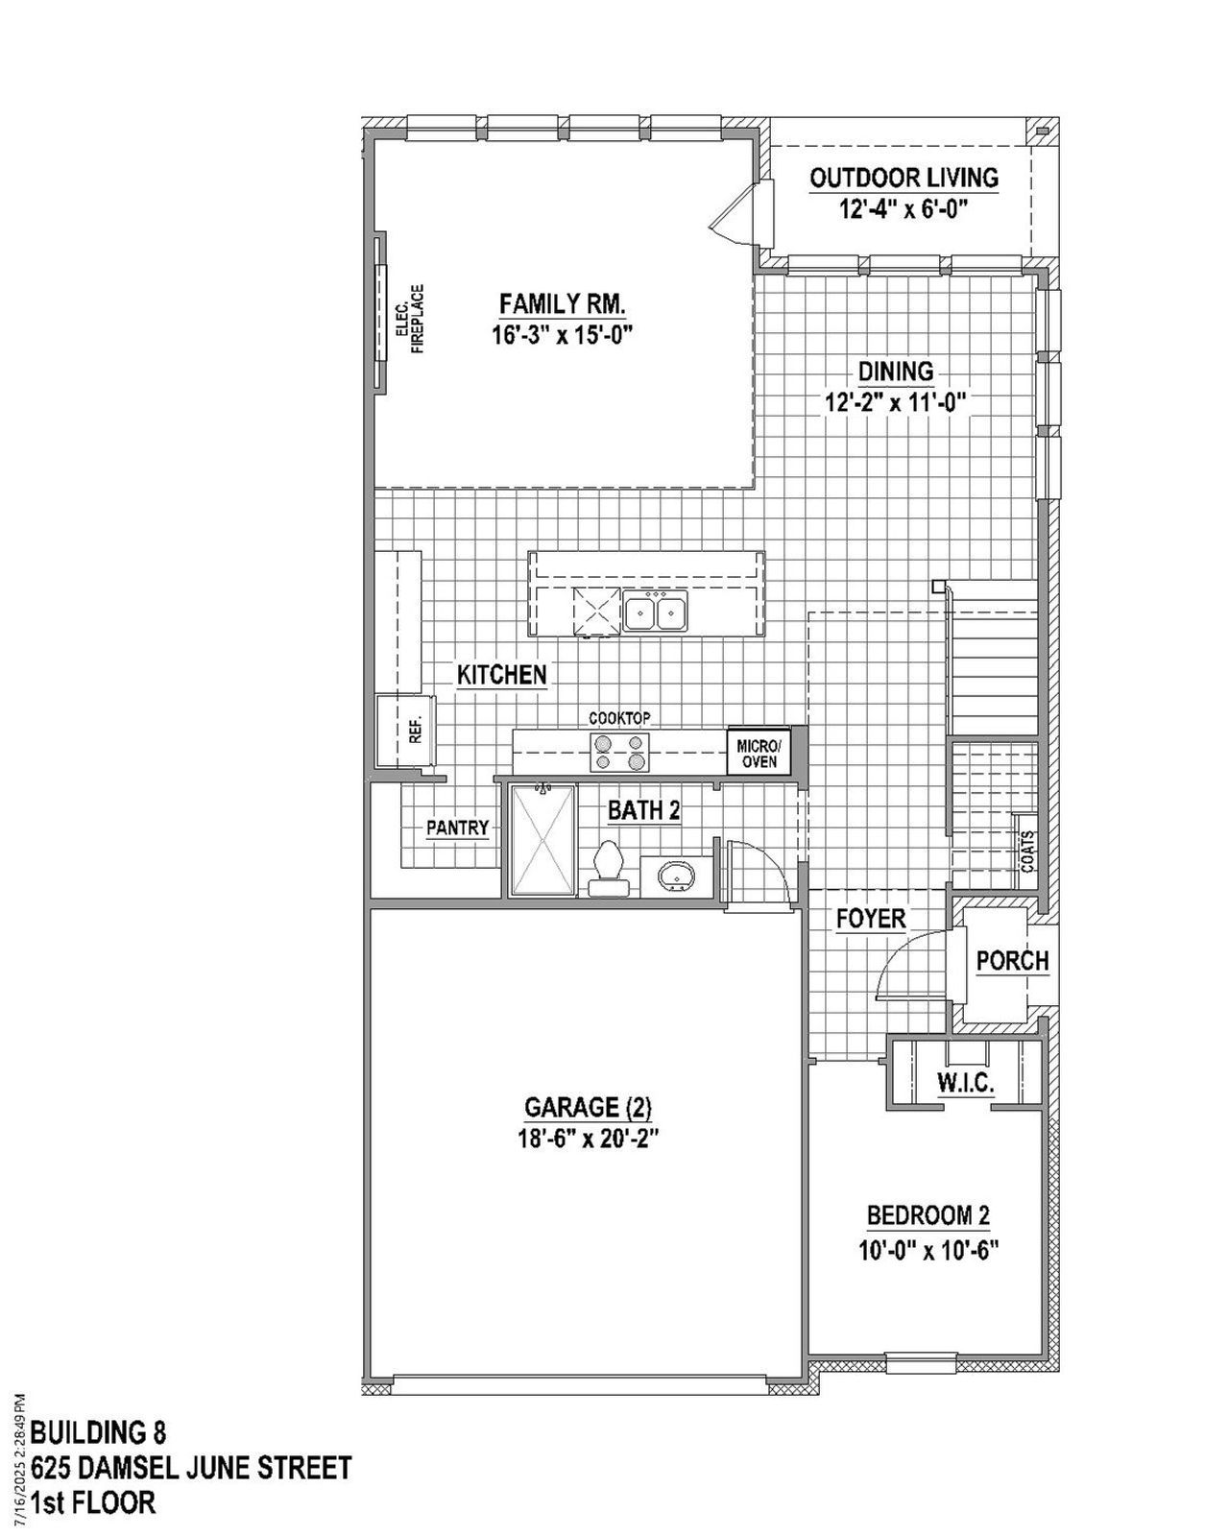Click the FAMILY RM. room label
pyautogui.click(x=563, y=305)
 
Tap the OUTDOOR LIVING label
pyautogui.click(x=904, y=178)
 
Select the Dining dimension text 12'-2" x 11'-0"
pyautogui.click(x=894, y=402)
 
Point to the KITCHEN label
pyautogui.click(x=501, y=675)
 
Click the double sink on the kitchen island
pyautogui.click(x=655, y=612)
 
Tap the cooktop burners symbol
pyautogui.click(x=619, y=751)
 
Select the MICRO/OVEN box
pyautogui.click(x=759, y=753)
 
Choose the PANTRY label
pyautogui.click(x=458, y=828)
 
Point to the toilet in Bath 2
pyautogui.click(x=607, y=866)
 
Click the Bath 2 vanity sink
pyautogui.click(x=676, y=876)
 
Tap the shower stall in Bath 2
pyautogui.click(x=542, y=840)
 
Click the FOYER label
pyautogui.click(x=871, y=919)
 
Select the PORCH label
pyautogui.click(x=1012, y=960)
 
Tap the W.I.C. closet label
pyautogui.click(x=965, y=1084)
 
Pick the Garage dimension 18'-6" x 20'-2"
pyautogui.click(x=588, y=1139)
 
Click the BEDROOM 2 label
pyautogui.click(x=928, y=1215)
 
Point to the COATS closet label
pyautogui.click(x=1028, y=850)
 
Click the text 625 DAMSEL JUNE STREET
pyautogui.click(x=190, y=1468)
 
